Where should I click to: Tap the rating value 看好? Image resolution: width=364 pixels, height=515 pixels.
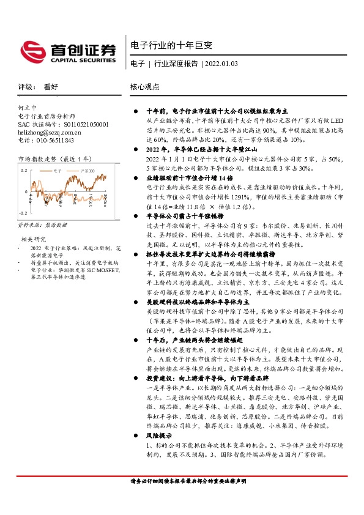point(51,87)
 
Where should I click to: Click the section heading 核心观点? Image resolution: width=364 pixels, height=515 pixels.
point(145,87)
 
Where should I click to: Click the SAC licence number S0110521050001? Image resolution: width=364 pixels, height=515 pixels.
point(64,124)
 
